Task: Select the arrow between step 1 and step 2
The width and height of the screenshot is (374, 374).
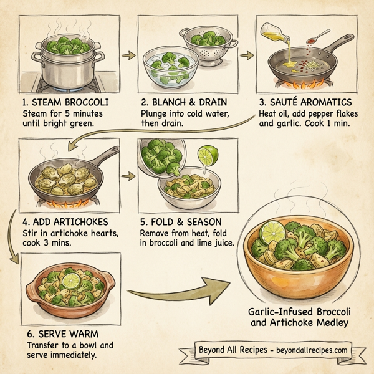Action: [127, 55]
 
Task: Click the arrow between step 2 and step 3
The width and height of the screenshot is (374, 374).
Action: [247, 55]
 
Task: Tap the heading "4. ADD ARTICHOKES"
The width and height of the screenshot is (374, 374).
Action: [64, 222]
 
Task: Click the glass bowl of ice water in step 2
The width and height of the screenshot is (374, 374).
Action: [167, 65]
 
